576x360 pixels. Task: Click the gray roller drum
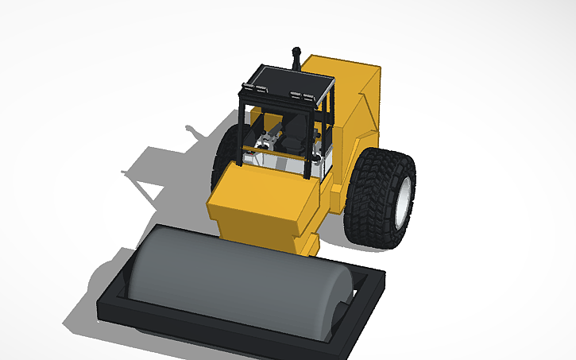point(230,274)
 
